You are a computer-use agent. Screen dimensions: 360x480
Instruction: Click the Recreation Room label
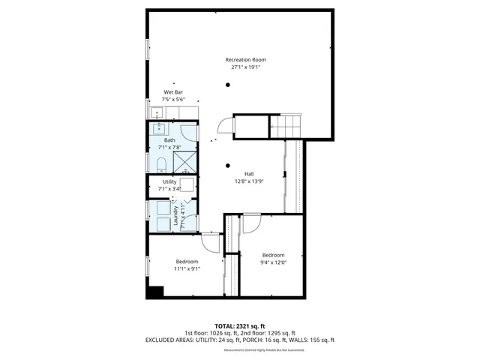click(x=246, y=60)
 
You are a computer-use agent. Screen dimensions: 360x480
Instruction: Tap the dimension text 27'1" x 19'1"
click(x=246, y=67)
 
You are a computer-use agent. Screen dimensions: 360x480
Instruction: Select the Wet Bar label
click(x=173, y=92)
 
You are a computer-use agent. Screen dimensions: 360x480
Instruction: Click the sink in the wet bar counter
click(x=157, y=113)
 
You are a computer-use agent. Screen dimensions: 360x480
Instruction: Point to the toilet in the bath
click(x=161, y=163)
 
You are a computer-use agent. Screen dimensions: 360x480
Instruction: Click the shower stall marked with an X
click(x=185, y=162)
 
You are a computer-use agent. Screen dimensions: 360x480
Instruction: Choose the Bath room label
click(x=170, y=140)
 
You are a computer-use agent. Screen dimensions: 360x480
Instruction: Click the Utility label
click(x=169, y=181)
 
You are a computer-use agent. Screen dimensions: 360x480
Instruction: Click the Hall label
click(x=248, y=174)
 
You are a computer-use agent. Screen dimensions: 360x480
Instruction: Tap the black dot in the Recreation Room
click(x=227, y=85)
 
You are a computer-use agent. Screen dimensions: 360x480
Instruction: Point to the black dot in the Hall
click(x=227, y=165)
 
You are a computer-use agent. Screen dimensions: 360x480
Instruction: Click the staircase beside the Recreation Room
click(x=285, y=127)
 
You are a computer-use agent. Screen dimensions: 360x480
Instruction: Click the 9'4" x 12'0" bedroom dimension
click(x=272, y=262)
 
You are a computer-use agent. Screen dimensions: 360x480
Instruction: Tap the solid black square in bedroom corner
click(x=155, y=292)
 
